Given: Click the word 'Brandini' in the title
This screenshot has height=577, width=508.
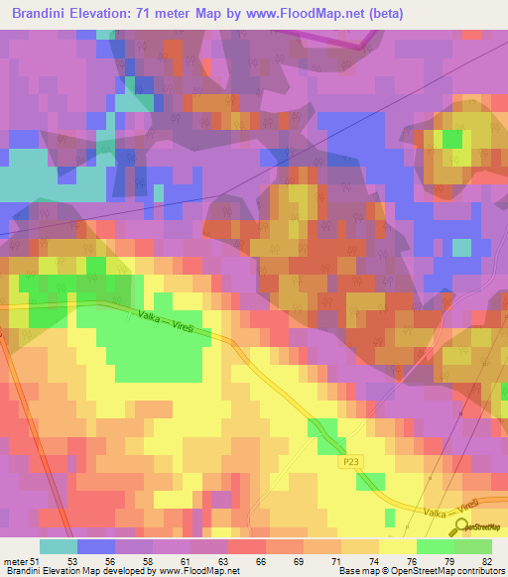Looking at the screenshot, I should [x=45, y=14].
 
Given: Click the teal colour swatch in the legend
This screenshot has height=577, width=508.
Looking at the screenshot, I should [x=59, y=546].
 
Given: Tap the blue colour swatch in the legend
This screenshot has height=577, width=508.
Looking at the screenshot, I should [x=96, y=546].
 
